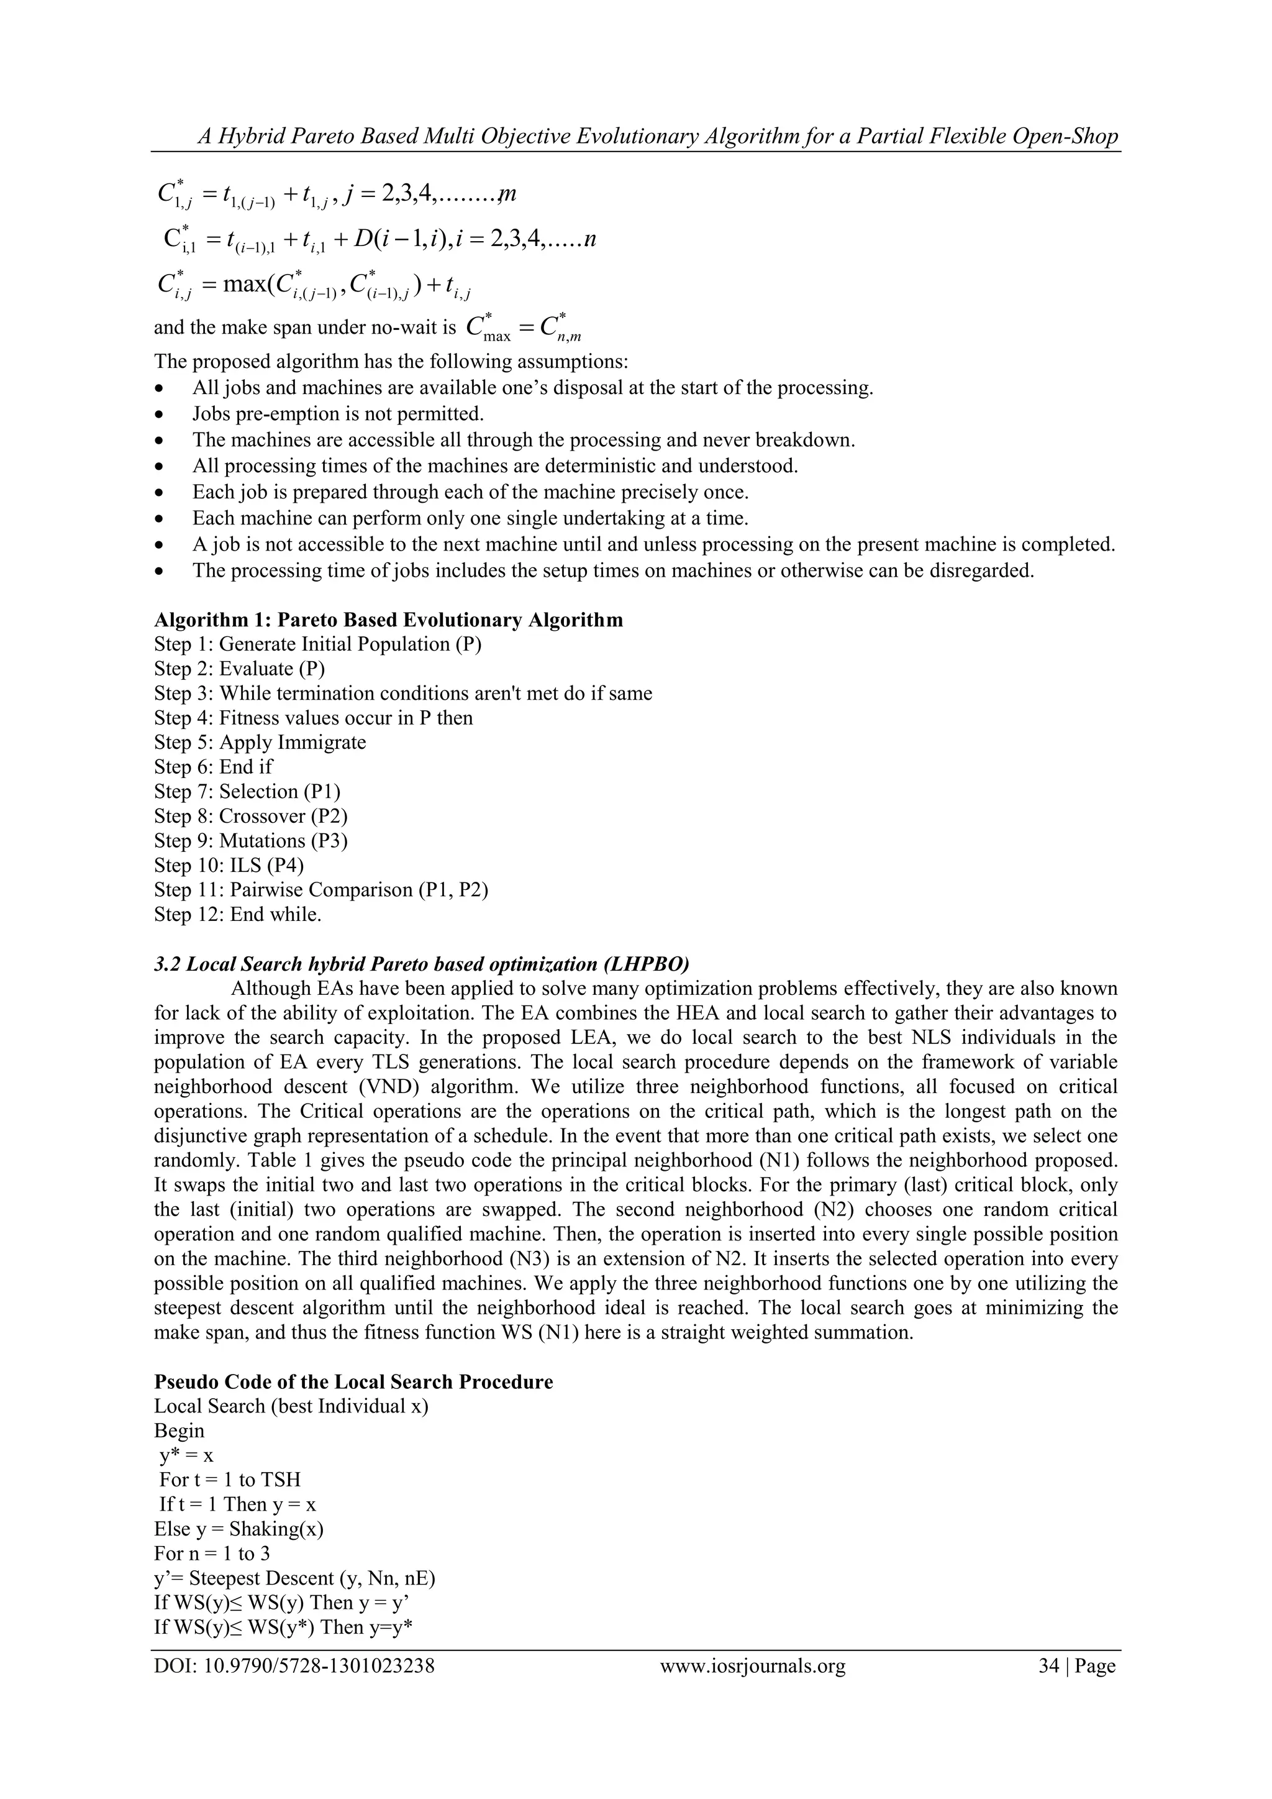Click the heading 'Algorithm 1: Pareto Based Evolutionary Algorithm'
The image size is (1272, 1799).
point(388,620)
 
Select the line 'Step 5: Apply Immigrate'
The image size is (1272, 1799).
point(260,742)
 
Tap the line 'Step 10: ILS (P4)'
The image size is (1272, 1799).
point(229,865)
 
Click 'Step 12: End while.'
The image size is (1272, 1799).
point(238,914)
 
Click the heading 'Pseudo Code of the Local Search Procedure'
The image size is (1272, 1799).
point(353,1381)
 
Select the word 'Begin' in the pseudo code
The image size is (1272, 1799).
point(179,1430)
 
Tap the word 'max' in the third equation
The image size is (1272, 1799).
point(243,283)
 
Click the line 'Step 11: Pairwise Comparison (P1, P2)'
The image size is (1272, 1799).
point(321,890)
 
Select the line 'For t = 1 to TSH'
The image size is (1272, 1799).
point(229,1480)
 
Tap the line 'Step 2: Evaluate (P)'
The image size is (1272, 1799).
point(240,669)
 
